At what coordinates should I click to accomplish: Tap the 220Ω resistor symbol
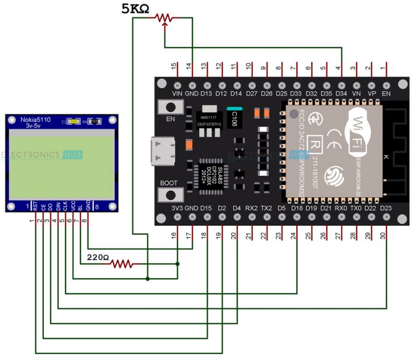(122, 263)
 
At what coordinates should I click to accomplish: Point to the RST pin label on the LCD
(35, 204)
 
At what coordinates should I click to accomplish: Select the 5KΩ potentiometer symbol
(164, 18)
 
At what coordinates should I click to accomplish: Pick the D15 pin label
(206, 208)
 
